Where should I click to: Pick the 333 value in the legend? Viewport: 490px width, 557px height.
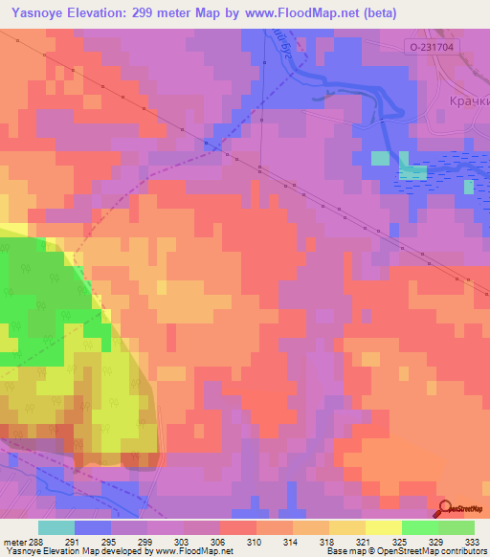tap(470, 541)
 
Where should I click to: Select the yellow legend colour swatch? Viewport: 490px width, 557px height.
tap(383, 527)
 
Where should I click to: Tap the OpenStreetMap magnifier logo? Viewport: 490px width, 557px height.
tap(446, 510)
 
